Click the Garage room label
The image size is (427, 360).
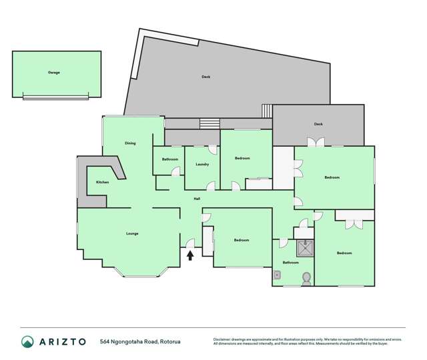[x=53, y=72]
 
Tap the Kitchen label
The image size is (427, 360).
[x=102, y=182]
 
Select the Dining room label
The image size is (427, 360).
[x=130, y=143]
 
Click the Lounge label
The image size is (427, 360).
[x=132, y=233]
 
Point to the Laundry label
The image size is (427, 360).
[x=203, y=164]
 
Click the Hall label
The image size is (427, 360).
[x=197, y=199]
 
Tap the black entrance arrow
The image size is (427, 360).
[x=190, y=254]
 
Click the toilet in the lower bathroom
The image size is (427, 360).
[x=306, y=278]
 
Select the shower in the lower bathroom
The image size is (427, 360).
[x=306, y=247]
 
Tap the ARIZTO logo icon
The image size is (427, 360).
[x=28, y=341]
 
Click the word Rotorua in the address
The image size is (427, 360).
[x=169, y=341]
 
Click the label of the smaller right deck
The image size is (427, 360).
[x=318, y=124]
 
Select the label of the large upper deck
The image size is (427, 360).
[x=206, y=77]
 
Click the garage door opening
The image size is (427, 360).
[x=55, y=97]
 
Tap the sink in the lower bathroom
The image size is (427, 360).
[x=278, y=273]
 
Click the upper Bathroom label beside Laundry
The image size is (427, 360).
[x=169, y=159]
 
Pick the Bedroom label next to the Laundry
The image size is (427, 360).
[x=242, y=158]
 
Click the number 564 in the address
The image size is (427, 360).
[x=105, y=341]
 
